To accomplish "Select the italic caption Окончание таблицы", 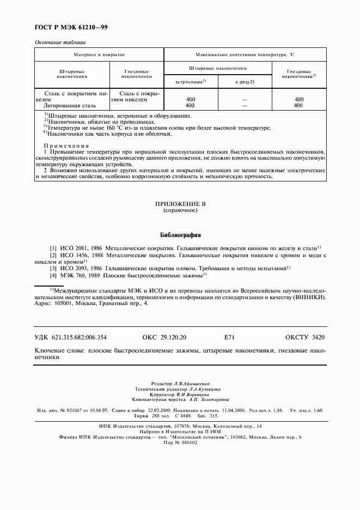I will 60,42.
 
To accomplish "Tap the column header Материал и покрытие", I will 100,55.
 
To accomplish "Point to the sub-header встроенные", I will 190,81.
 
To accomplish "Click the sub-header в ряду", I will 245,82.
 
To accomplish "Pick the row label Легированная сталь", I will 66,105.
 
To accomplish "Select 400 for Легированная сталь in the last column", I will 299,105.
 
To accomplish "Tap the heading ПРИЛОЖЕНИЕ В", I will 180,203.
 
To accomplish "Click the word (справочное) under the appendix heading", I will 180,210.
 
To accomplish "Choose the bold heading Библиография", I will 180,235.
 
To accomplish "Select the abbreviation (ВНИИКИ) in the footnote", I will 310,298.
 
